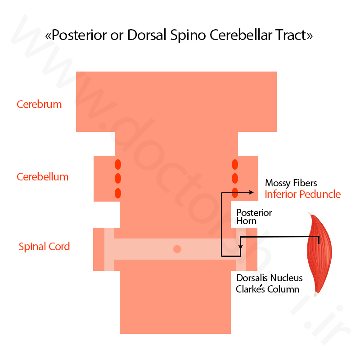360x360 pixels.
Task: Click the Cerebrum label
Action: coord(39,104)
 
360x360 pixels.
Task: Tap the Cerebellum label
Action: coord(43,177)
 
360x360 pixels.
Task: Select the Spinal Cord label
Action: coord(44,247)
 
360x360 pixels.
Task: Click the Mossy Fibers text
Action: coord(291,183)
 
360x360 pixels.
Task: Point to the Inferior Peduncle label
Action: coord(302,194)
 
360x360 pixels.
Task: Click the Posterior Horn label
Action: coord(254,217)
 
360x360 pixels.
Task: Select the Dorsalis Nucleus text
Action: coord(270,278)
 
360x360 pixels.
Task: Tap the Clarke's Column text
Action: coord(267,289)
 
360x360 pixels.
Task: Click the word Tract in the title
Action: coord(294,35)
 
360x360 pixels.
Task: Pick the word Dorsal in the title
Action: coord(147,35)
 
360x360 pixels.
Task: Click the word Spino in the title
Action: coord(188,36)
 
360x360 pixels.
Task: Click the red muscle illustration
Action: coord(319,254)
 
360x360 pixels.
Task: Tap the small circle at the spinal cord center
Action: coord(177,249)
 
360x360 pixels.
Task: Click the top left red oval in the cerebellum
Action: coord(118,164)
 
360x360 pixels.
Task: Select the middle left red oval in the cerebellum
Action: coord(118,178)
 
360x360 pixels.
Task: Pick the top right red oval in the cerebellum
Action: coord(235,164)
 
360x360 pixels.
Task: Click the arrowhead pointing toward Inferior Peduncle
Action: coord(252,193)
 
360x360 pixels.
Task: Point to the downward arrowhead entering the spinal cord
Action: coord(240,247)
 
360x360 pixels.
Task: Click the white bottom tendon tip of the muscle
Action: coord(316,294)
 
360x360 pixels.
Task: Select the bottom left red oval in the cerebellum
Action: coord(118,193)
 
